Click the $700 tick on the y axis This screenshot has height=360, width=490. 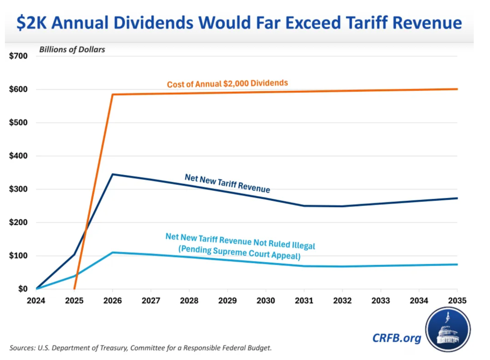tap(18, 56)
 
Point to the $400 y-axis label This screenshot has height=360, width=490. tap(18, 156)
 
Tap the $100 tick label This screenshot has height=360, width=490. tap(18, 256)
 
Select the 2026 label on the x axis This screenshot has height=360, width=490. tap(112, 300)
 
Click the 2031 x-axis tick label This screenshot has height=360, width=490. tap(304, 300)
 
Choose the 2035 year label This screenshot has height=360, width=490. tap(457, 300)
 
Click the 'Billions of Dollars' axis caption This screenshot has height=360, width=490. tap(72, 49)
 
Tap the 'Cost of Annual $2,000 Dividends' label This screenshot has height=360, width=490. tap(227, 84)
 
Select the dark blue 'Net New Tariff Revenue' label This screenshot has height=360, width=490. tap(227, 182)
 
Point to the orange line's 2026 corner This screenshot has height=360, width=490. tap(113, 94)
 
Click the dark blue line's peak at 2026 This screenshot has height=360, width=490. tap(113, 174)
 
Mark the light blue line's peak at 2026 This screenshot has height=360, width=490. tap(113, 252)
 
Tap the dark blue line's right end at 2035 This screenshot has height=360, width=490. tap(456, 198)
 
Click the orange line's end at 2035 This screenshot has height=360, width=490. tap(456, 89)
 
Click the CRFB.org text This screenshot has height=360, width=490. tap(397, 338)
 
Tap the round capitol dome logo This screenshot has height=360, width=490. tap(448, 329)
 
